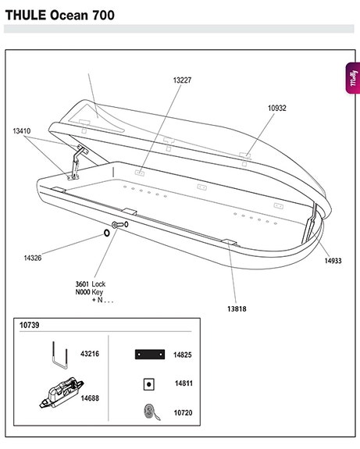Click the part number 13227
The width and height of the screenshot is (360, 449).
[x=182, y=80]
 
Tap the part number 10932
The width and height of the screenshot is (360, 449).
[x=277, y=108]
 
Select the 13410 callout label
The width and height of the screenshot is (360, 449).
[x=22, y=131]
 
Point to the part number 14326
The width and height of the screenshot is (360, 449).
[x=33, y=258]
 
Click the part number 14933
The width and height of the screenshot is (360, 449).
[x=333, y=261]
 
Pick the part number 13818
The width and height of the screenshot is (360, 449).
[x=237, y=309]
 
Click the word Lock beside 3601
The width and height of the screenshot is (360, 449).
[x=98, y=284]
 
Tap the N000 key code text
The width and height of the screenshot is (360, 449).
[x=83, y=292]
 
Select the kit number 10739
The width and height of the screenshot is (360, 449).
[x=29, y=326]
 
